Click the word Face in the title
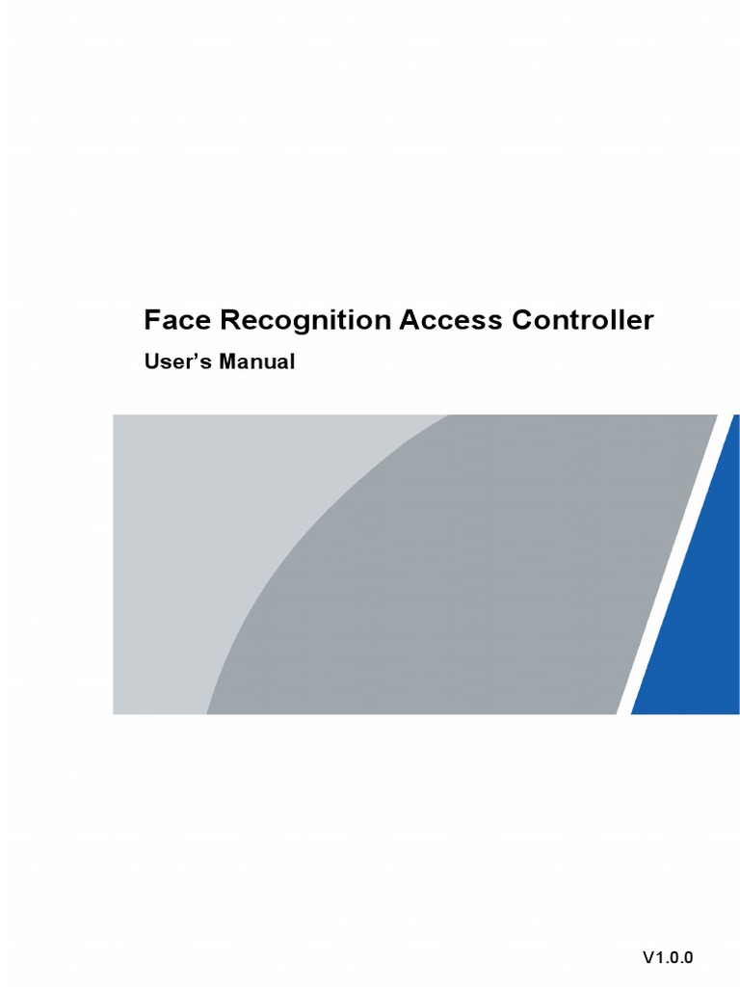coord(172,320)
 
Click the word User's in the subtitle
coord(176,363)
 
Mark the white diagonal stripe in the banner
coord(665,578)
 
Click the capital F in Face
coord(151,320)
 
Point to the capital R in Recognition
coord(222,320)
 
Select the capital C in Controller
coord(524,320)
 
